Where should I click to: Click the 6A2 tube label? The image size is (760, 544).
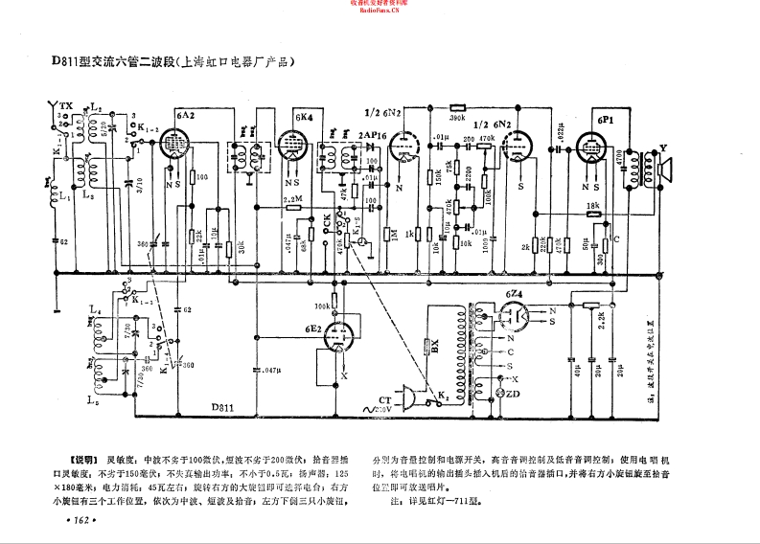tap(187, 115)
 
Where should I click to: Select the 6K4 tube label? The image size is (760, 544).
tap(304, 117)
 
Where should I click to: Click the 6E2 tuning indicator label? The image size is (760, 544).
tap(312, 329)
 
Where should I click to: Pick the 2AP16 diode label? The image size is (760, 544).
tap(372, 136)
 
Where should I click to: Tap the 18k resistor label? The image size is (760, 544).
tap(593, 205)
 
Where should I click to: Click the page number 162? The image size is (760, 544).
tap(74, 519)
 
